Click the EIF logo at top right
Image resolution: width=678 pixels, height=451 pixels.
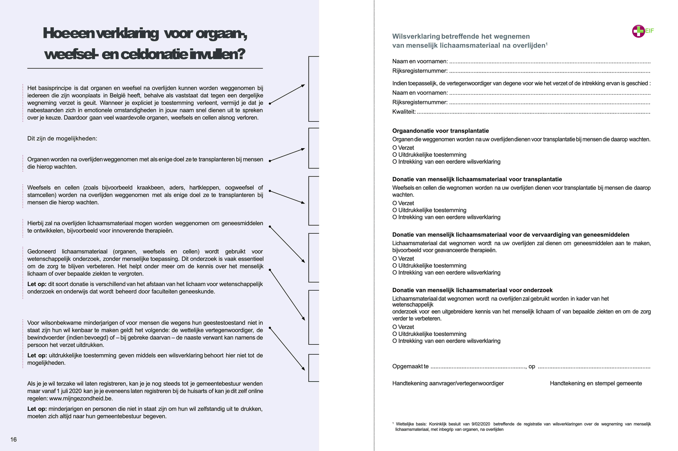coord(642,31)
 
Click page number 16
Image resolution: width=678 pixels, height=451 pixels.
coord(14,439)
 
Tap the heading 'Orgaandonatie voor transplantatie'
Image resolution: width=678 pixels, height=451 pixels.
coord(440,131)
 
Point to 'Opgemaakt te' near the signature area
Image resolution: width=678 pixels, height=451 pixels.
coord(410,366)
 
